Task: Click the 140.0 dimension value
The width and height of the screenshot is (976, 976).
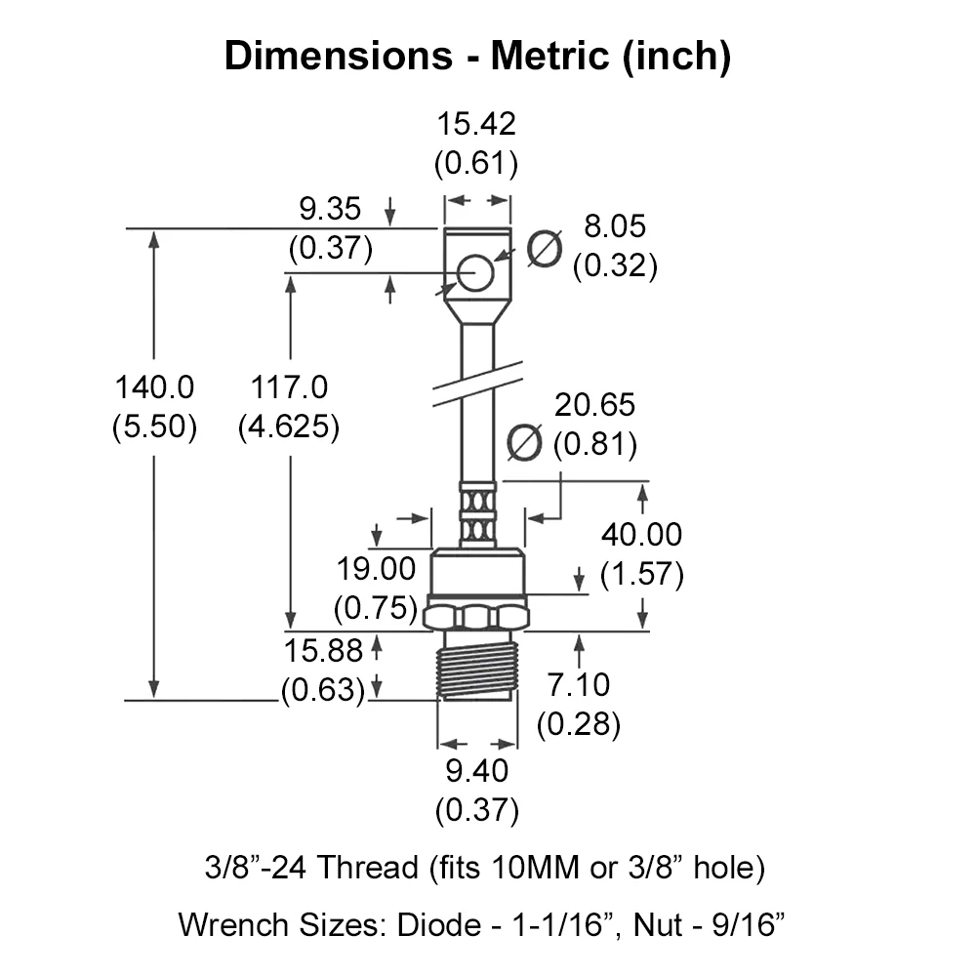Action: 154,387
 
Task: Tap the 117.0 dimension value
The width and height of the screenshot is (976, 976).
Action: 289,387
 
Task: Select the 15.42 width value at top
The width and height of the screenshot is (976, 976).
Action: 476,123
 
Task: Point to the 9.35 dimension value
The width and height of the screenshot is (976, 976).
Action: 330,209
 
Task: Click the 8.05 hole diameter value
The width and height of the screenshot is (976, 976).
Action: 615,226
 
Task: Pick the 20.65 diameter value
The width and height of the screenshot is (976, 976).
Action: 594,405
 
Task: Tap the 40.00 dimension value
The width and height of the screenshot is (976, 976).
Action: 641,535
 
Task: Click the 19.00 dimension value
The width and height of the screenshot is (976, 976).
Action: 376,569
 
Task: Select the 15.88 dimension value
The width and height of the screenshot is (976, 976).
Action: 323,651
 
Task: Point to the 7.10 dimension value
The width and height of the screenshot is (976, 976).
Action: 579,685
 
